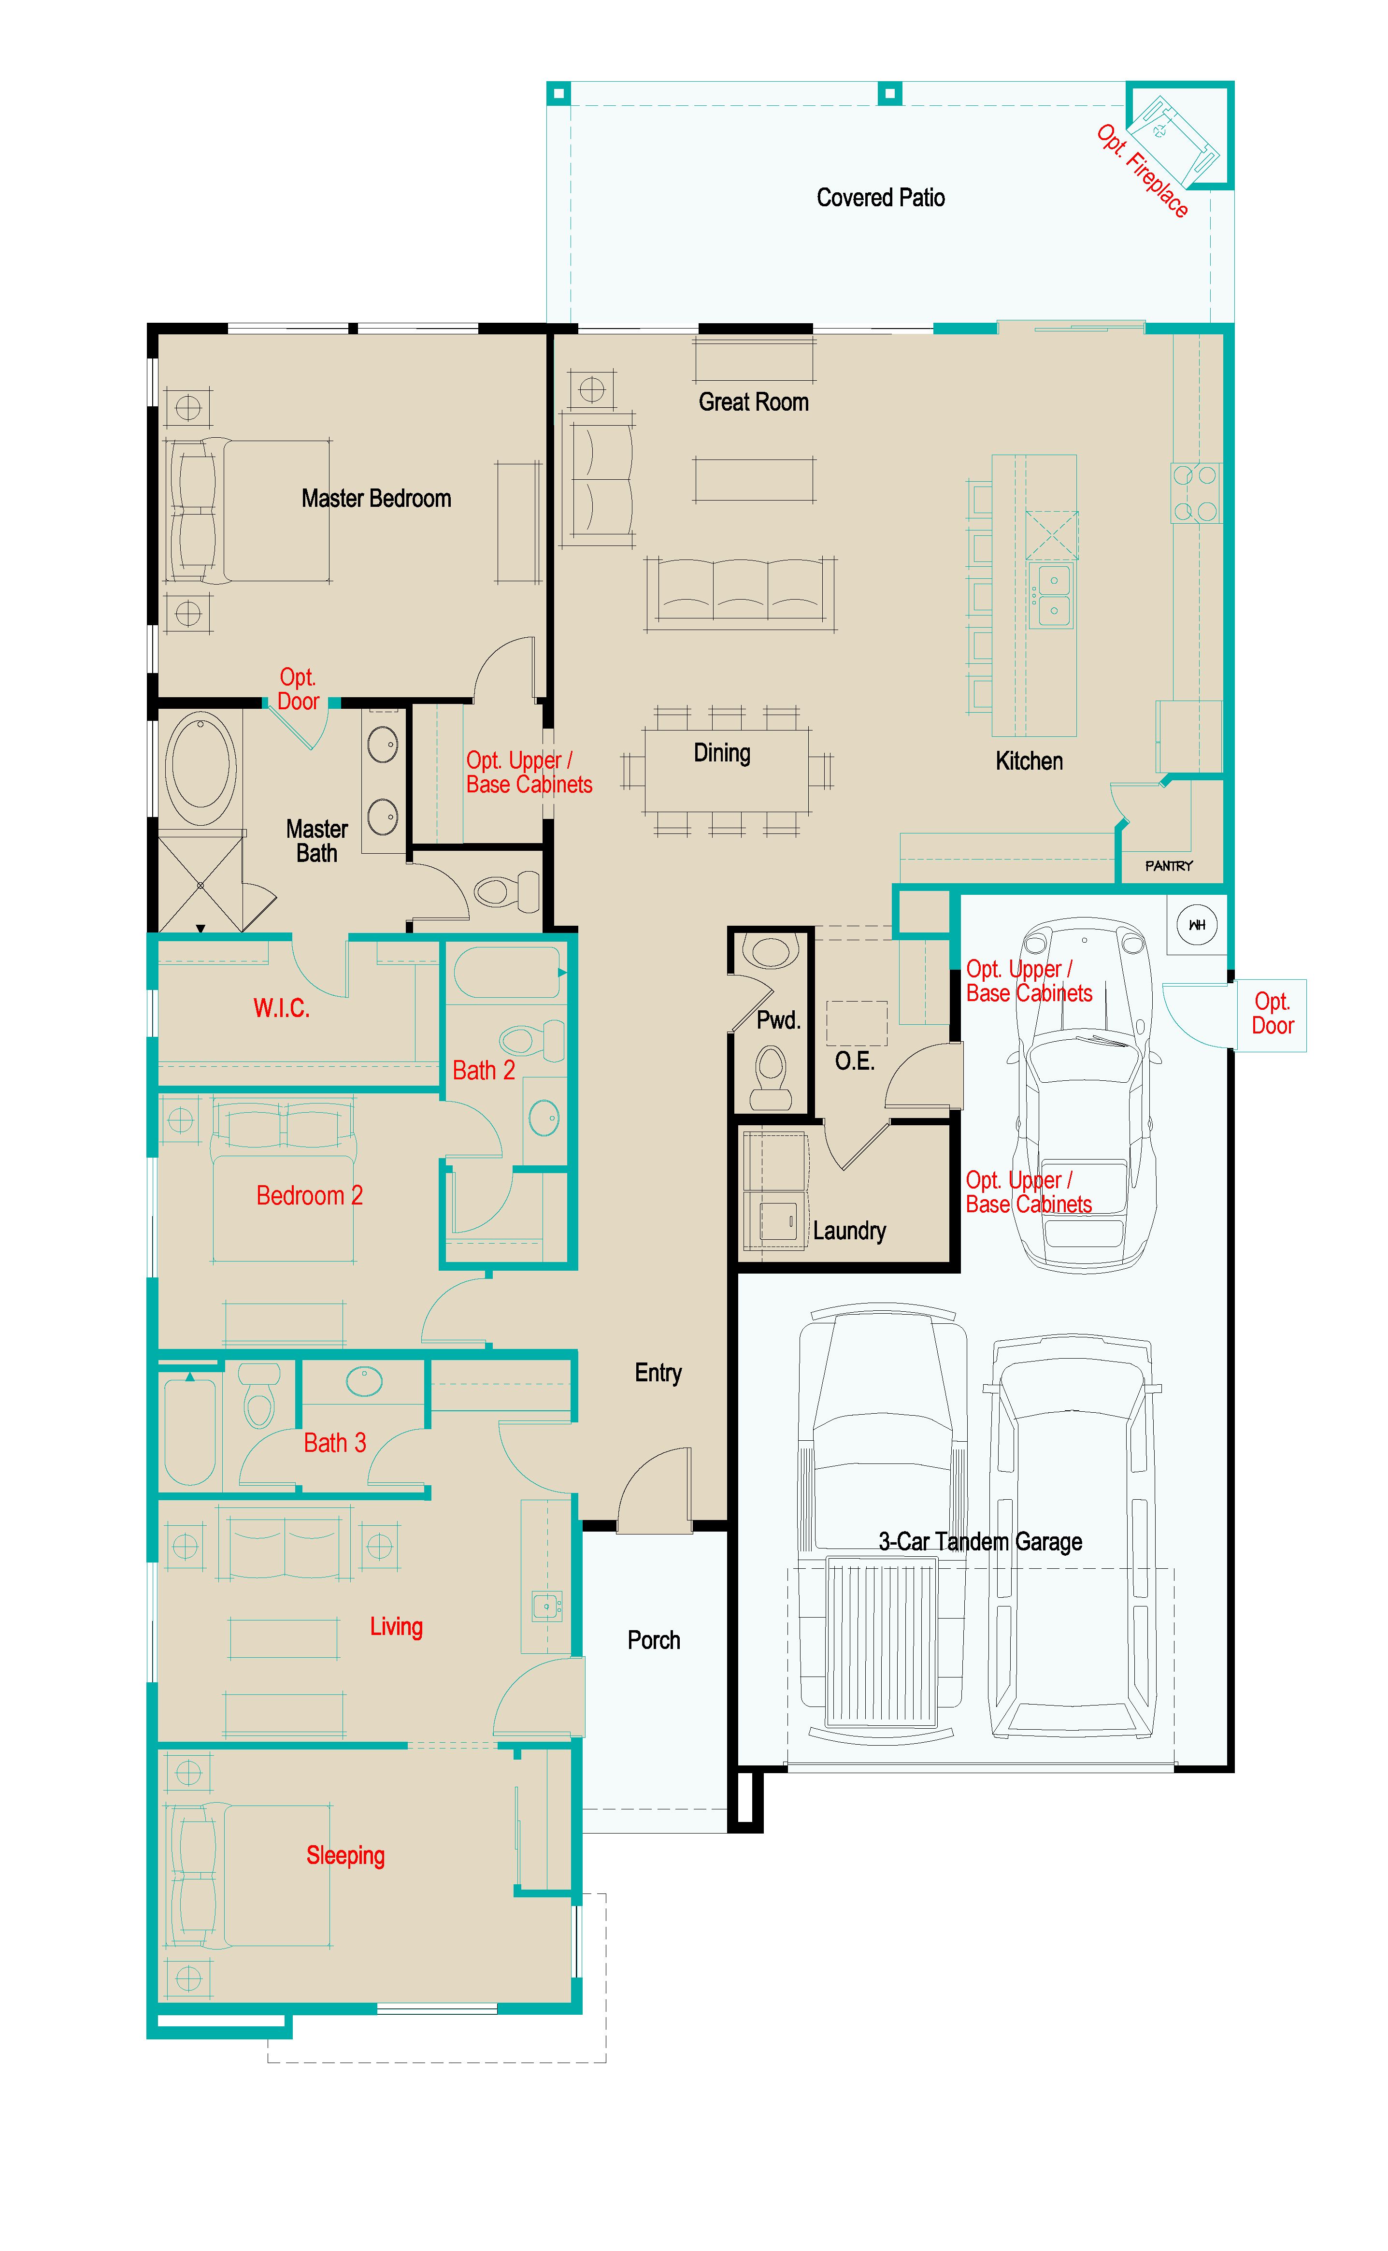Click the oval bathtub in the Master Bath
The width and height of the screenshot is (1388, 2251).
tap(200, 767)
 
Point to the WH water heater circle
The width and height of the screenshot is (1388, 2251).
tap(1196, 924)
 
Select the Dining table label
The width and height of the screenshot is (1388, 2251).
tap(722, 754)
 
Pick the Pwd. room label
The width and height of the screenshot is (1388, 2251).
tap(777, 1020)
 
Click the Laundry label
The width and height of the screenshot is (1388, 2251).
tap(849, 1231)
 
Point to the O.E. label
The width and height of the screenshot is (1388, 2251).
tap(854, 1061)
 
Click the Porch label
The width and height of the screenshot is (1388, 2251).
tap(654, 1640)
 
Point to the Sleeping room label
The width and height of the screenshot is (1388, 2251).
tap(345, 1855)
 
